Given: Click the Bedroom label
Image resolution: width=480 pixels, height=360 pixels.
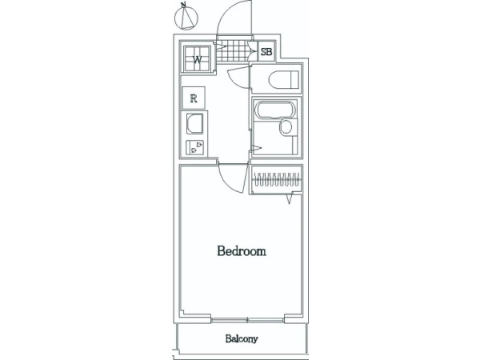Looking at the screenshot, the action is [242, 251].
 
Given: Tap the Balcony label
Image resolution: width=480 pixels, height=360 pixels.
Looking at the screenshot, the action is [242, 339].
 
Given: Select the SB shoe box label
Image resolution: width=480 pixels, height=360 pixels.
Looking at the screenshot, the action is [266, 52].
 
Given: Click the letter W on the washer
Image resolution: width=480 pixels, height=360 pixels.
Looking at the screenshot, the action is [197, 59].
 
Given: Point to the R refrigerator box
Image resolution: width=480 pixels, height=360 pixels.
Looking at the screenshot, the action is [194, 98].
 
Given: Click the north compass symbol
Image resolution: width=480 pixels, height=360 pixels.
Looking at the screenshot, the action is [186, 18].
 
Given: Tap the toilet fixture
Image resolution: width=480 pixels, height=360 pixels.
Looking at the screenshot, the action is [283, 79].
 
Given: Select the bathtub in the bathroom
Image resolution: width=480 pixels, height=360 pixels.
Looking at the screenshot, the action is [275, 110].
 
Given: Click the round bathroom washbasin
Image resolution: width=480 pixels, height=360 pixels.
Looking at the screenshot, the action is [286, 126].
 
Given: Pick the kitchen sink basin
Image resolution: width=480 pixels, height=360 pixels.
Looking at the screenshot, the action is [195, 124].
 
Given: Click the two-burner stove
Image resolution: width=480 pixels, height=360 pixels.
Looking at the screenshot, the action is [194, 147].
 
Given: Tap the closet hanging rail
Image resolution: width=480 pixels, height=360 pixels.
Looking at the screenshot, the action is [277, 179].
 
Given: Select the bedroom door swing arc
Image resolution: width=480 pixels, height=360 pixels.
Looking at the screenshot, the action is [227, 184].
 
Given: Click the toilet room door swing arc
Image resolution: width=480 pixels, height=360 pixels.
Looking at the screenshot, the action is [235, 80].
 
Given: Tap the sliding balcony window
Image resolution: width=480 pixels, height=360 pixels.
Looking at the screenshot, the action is [247, 320].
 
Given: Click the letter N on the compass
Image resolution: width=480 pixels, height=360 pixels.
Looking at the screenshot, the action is [183, 5].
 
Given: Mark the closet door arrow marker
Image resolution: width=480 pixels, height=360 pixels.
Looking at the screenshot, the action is [290, 199].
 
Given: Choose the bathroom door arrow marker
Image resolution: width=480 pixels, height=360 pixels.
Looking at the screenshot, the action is [257, 149].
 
